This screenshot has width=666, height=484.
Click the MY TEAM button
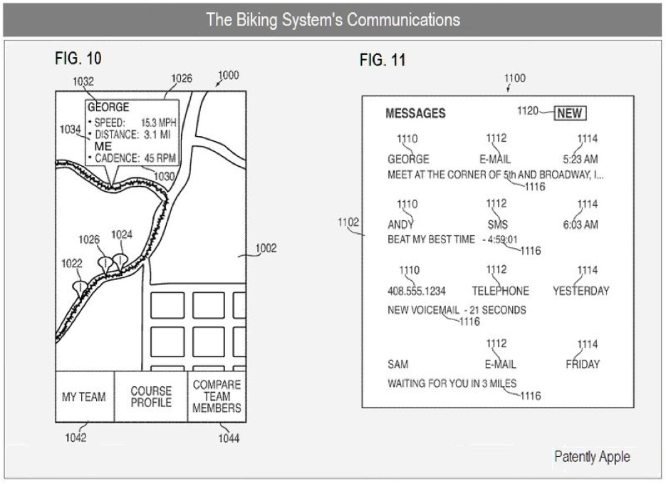tap(84, 397)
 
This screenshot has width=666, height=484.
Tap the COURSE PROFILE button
tap(151, 397)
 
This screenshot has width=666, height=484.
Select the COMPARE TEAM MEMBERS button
tap(217, 397)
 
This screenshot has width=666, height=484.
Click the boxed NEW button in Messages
tap(570, 113)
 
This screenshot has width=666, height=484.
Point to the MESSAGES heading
tap(415, 113)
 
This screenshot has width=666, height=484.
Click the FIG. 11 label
tap(383, 61)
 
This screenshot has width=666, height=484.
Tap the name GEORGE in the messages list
tap(408, 159)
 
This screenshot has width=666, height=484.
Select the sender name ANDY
tap(400, 225)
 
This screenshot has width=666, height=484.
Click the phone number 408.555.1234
tap(417, 291)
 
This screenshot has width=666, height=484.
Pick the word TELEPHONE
tap(500, 291)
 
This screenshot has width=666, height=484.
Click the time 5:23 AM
tap(580, 159)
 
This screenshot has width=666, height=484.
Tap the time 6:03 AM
tap(580, 225)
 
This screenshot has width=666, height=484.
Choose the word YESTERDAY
tap(581, 291)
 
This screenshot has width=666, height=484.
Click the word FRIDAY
tap(583, 364)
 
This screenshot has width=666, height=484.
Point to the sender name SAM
tap(398, 364)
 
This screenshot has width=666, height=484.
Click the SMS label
tap(498, 225)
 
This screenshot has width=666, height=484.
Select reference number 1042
tap(76, 438)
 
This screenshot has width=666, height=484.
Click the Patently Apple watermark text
tap(591, 457)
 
